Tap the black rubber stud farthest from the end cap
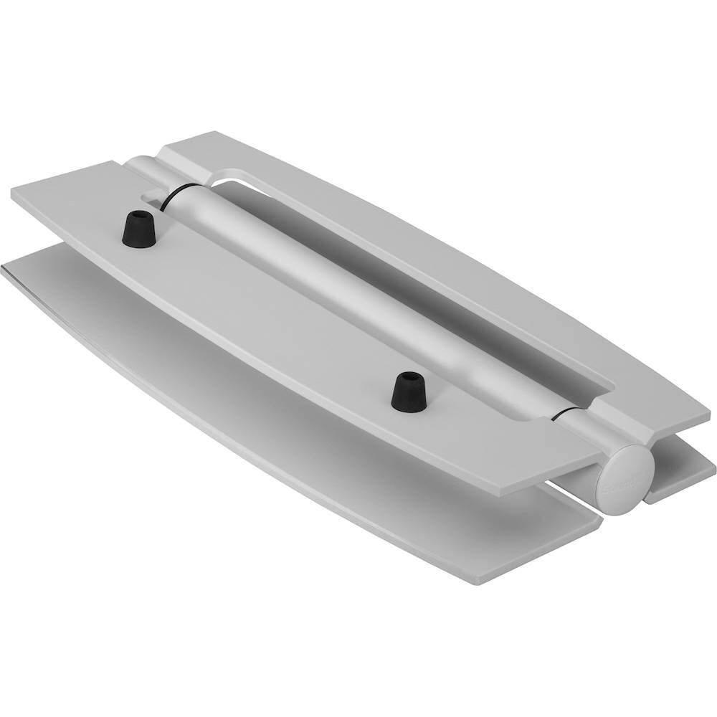(139, 229)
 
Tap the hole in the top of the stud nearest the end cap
(409, 377)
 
